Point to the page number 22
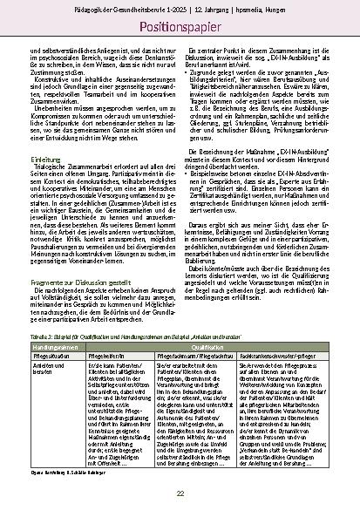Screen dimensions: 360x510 (x=180, y=493)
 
